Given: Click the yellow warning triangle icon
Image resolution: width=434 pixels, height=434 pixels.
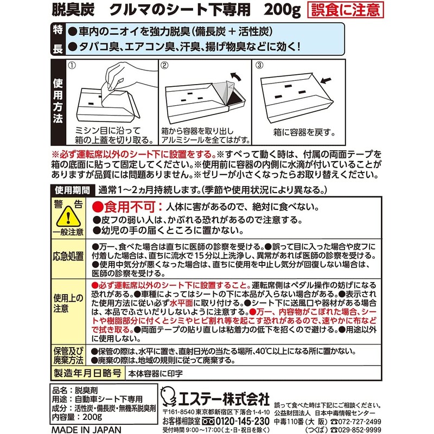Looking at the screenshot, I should (x=68, y=218).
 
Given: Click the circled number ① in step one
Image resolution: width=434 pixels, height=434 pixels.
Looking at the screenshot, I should (x=73, y=66).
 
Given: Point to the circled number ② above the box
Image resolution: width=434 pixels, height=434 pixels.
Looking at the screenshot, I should (x=165, y=66).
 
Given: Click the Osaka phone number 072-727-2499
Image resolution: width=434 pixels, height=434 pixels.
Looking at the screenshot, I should (x=360, y=421).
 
